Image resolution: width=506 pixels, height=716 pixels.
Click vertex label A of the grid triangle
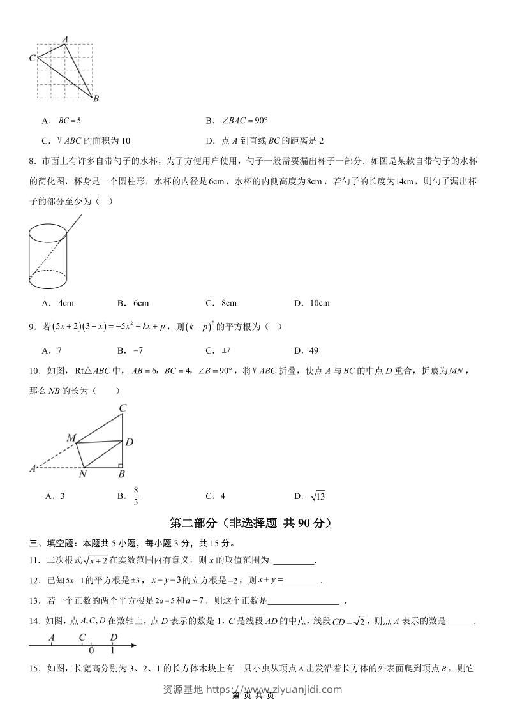65,40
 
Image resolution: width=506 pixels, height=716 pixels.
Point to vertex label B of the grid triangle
96,99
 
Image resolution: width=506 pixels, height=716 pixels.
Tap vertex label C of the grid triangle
32,58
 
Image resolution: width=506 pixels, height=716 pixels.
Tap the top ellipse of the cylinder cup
48,232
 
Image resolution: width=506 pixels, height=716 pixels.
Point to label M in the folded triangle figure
71,438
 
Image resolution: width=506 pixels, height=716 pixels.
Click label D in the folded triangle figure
129,442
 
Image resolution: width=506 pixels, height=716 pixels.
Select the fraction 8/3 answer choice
136,496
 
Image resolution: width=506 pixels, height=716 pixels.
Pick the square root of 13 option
317,496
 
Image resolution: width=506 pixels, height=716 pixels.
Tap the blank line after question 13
304,600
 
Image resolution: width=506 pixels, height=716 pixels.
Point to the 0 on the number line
92,651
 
